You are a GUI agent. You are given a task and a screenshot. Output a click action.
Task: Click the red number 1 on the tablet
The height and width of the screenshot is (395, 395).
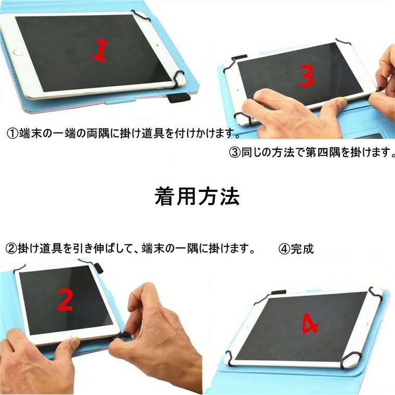(99, 50)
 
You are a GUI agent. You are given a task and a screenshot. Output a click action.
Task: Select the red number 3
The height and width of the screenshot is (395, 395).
(307, 76)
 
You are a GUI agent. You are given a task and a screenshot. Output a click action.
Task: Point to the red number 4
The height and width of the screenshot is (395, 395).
(310, 325)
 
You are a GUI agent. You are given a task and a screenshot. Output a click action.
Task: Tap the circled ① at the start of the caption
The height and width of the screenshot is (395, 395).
(12, 134)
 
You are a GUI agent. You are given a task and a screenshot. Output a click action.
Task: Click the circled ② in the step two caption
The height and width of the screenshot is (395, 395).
(11, 248)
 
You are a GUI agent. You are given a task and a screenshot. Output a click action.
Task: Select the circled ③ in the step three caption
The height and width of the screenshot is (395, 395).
(234, 153)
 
